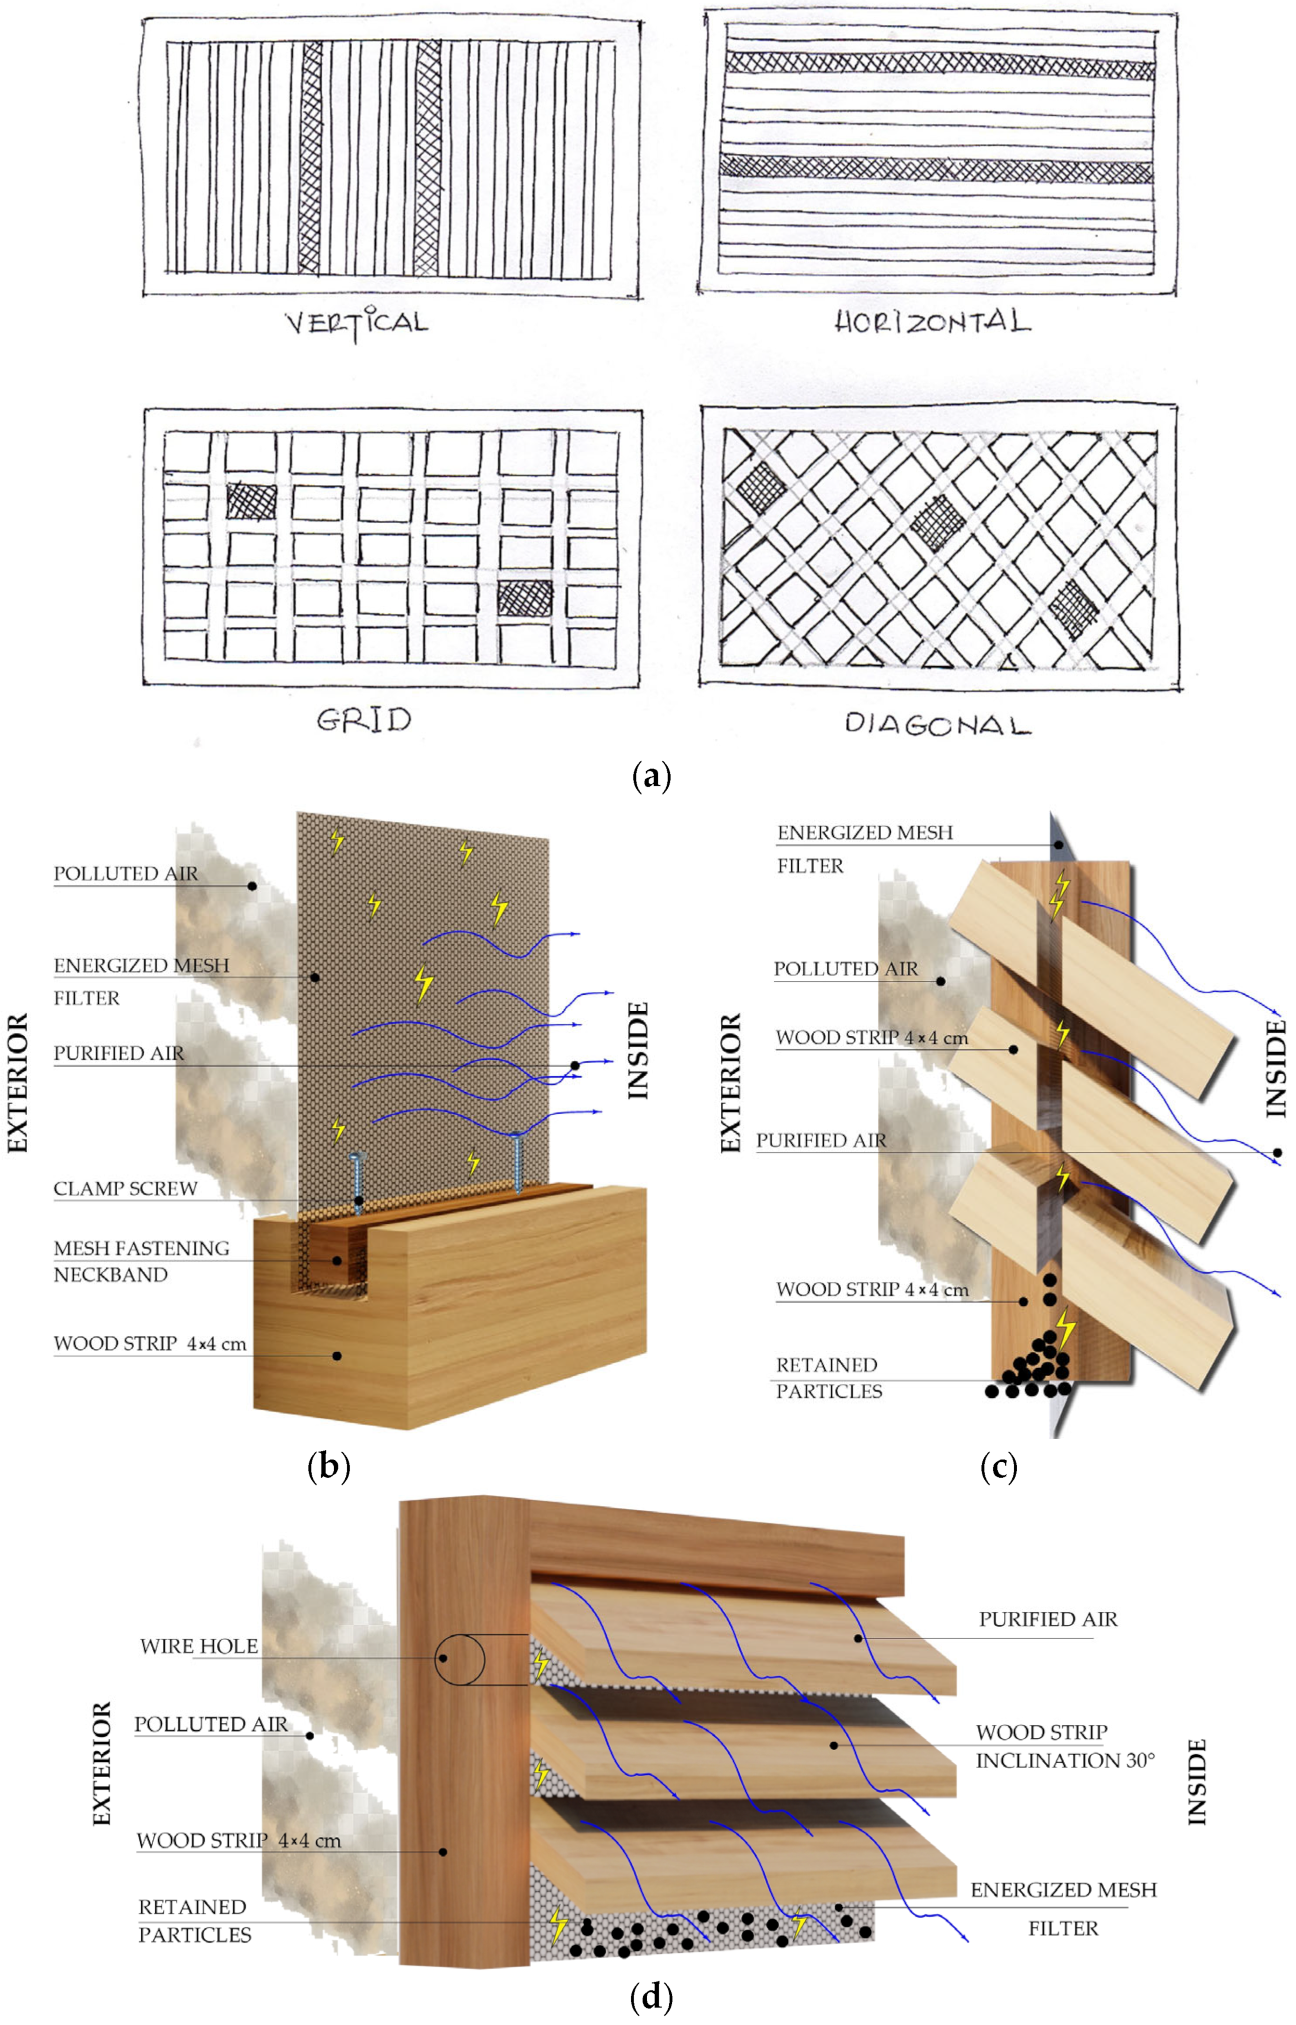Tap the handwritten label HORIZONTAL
tap(932, 323)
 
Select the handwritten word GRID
tap(364, 720)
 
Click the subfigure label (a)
tap(650, 776)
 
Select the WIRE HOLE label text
tap(199, 1646)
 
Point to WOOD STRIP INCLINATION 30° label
tap(1065, 1746)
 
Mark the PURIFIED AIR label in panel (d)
tap(1048, 1619)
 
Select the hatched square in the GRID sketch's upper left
tap(251, 500)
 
